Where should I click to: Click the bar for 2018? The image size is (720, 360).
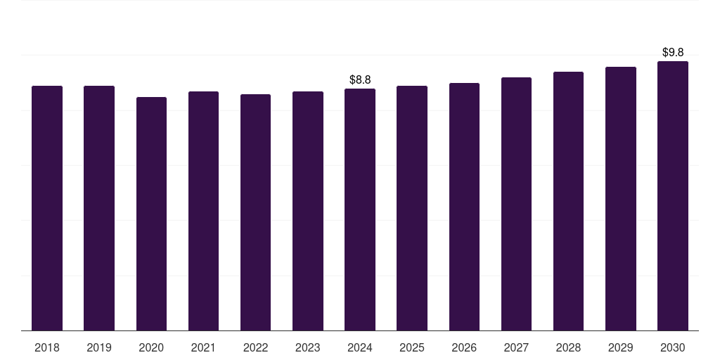(47, 208)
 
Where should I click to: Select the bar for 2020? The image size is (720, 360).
(151, 214)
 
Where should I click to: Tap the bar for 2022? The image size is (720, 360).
(255, 212)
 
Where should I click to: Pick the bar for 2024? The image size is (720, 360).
(360, 210)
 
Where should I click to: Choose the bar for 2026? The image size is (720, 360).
(464, 207)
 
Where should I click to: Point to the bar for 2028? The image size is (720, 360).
(568, 201)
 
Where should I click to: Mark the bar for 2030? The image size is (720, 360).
(673, 196)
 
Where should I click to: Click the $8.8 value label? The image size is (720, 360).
(360, 79)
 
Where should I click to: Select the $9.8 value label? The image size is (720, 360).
(673, 52)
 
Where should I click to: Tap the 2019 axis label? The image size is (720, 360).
(99, 347)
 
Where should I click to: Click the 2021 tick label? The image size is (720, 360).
(203, 347)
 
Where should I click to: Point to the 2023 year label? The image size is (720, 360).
(308, 347)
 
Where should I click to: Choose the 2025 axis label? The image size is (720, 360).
(412, 347)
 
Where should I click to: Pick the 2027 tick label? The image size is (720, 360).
(516, 347)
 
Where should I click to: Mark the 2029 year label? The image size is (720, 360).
(621, 347)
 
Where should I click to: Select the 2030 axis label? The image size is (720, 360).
(673, 347)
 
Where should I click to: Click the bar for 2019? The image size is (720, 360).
(99, 208)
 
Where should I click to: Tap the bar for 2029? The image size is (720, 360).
(621, 199)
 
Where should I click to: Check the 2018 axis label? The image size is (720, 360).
(47, 347)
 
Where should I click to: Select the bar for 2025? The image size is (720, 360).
(412, 208)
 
